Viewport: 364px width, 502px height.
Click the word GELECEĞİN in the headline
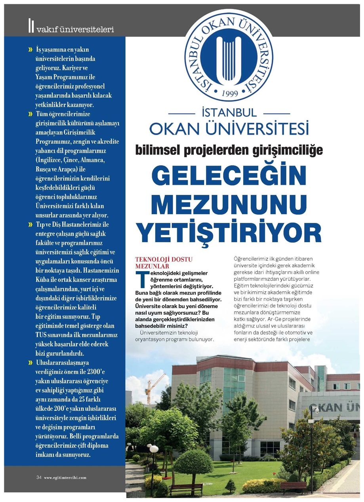(x=229, y=175)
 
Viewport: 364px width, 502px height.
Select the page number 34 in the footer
(x=39, y=477)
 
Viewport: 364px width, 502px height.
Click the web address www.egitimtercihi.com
(x=65, y=478)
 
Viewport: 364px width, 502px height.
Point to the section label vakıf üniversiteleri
(x=75, y=30)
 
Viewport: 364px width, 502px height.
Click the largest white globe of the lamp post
(x=154, y=449)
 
